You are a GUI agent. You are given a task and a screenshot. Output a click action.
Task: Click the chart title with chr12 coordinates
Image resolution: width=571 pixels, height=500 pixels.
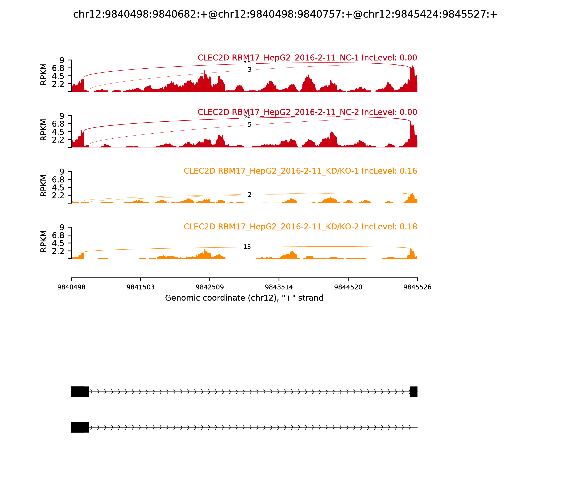click(x=285, y=14)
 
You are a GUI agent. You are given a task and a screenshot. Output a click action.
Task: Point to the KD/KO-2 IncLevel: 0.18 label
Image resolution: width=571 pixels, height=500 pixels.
click(x=300, y=227)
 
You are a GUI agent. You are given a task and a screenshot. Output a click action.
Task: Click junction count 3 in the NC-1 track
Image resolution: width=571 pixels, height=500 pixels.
click(x=249, y=70)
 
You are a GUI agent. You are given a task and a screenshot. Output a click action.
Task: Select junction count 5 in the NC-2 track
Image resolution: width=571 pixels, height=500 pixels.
click(x=249, y=125)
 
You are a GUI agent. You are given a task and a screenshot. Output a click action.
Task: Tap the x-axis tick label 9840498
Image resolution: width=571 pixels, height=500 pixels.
click(x=71, y=287)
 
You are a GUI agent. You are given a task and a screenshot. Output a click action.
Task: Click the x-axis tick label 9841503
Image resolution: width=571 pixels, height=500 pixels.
click(x=141, y=287)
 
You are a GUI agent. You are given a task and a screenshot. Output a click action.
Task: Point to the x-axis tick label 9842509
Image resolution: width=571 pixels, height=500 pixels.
click(x=210, y=287)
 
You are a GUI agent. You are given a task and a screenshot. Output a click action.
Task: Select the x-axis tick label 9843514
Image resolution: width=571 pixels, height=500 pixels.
click(x=279, y=287)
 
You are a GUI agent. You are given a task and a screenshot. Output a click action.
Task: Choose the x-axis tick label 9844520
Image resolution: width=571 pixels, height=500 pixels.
click(x=348, y=287)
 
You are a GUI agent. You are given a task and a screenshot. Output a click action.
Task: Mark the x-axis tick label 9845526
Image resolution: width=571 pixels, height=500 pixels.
click(x=417, y=287)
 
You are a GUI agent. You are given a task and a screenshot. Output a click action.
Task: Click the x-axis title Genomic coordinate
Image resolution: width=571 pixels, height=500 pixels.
click(x=244, y=298)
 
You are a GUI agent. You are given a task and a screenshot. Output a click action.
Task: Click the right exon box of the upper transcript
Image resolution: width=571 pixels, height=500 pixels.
click(x=414, y=392)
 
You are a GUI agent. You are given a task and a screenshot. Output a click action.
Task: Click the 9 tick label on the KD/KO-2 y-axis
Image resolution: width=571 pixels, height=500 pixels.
click(x=62, y=227)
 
